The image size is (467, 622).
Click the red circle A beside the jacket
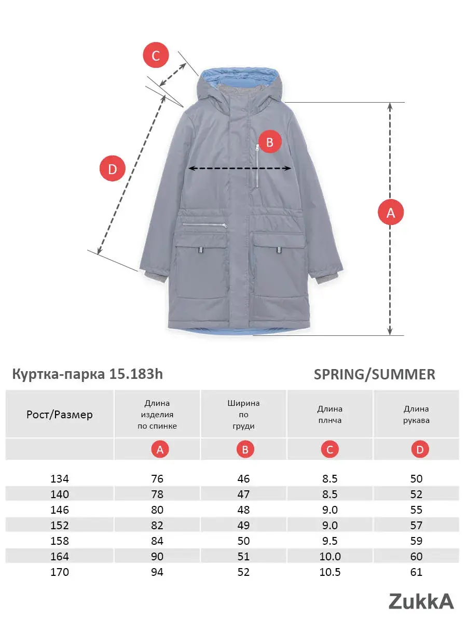point(391,212)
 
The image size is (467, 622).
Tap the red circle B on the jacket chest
point(269,142)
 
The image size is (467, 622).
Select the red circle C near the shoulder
point(156,55)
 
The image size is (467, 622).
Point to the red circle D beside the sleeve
point(113,168)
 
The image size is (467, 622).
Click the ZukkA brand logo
point(421,601)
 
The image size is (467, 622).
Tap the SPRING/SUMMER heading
point(374,374)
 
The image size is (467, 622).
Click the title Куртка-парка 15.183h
point(87,374)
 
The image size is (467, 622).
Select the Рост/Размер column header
point(60,414)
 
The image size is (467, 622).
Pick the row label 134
point(60,478)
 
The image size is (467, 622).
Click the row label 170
point(60,572)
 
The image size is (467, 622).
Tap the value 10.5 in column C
point(330,572)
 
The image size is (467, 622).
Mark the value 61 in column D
point(416,572)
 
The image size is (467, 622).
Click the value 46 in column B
point(243,478)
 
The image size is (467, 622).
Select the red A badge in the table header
point(160,450)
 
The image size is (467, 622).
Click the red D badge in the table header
point(420,450)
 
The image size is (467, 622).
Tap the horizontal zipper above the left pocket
point(204,225)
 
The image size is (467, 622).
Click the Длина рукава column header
point(416,415)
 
